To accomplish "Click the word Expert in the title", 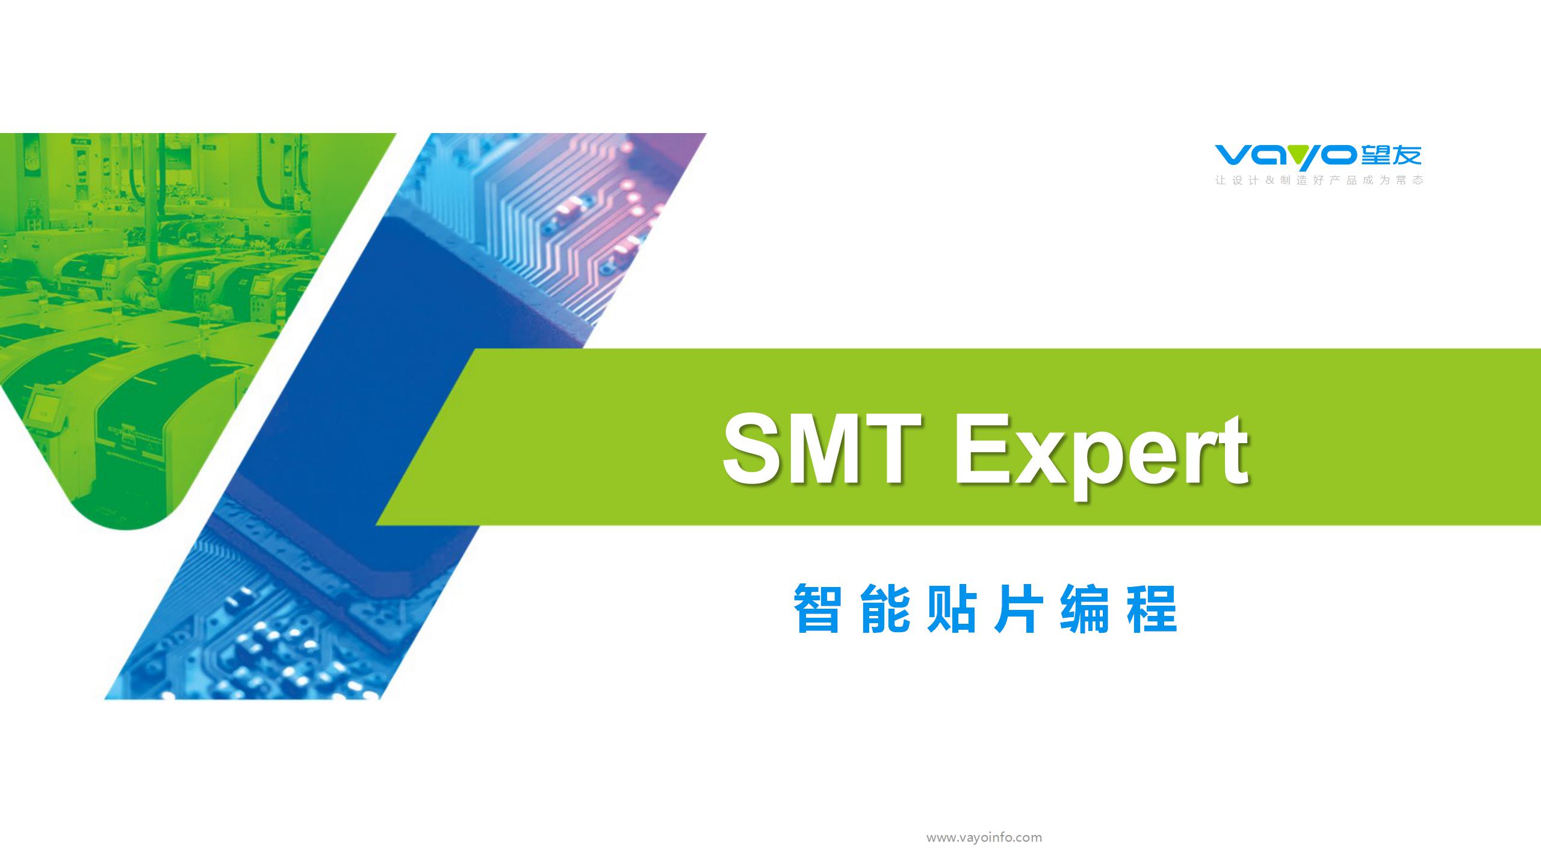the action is [x=1100, y=456].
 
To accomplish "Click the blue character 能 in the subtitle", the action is [x=884, y=609].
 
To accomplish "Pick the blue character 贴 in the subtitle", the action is [x=951, y=609].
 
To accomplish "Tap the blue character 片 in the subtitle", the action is [x=1017, y=609].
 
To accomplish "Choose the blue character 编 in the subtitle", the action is [x=1084, y=609].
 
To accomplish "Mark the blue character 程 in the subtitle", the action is [x=1152, y=609].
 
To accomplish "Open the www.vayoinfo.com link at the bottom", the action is [x=984, y=837].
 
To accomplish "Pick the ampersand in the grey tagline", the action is [x=1270, y=180].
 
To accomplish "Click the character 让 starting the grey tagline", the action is [x=1221, y=180].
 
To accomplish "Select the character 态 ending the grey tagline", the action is [x=1418, y=180].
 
